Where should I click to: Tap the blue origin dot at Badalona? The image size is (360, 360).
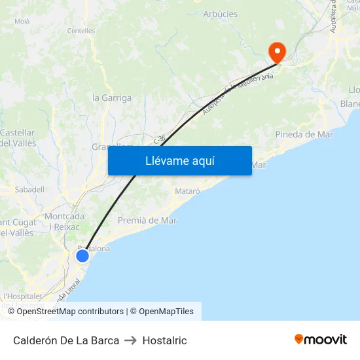(82, 256)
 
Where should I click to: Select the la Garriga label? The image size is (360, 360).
(112, 98)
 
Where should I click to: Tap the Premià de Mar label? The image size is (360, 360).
(147, 221)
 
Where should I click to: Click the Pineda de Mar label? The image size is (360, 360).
(304, 135)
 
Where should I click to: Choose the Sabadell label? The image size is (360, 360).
(29, 190)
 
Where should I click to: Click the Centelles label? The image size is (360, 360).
(81, 31)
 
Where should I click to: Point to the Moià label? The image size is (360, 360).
(22, 21)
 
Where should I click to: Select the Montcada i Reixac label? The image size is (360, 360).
(64, 221)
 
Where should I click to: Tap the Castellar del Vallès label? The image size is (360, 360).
(18, 137)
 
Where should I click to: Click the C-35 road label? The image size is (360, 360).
(160, 139)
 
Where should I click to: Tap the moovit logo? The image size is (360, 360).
(321, 340)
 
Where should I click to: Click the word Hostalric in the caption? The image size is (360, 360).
(164, 340)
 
